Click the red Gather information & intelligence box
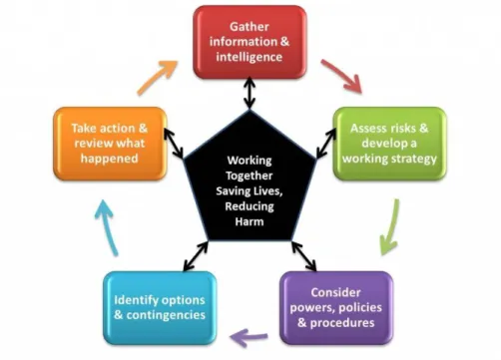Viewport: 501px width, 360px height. (x=250, y=42)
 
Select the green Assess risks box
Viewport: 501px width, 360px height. (x=389, y=144)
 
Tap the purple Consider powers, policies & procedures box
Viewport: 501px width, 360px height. (x=336, y=308)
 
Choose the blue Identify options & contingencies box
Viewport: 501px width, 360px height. (x=160, y=308)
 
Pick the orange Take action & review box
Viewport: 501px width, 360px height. (x=110, y=144)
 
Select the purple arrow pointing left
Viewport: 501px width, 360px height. (x=249, y=337)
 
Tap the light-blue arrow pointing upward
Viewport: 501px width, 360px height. (x=107, y=226)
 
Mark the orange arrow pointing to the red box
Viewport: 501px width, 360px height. (x=157, y=77)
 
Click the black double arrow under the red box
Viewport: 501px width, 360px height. (x=250, y=93)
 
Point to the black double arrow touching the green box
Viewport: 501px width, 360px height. (x=326, y=143)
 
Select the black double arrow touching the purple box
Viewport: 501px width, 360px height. (x=304, y=256)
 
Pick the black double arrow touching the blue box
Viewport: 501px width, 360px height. (x=196, y=256)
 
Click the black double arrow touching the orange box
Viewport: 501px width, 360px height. (x=174, y=144)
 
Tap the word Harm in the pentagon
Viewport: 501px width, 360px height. (x=250, y=221)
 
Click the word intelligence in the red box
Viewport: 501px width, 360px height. (x=250, y=57)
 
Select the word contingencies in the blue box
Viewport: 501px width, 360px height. (x=166, y=315)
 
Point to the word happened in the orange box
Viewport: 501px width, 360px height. (x=110, y=159)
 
